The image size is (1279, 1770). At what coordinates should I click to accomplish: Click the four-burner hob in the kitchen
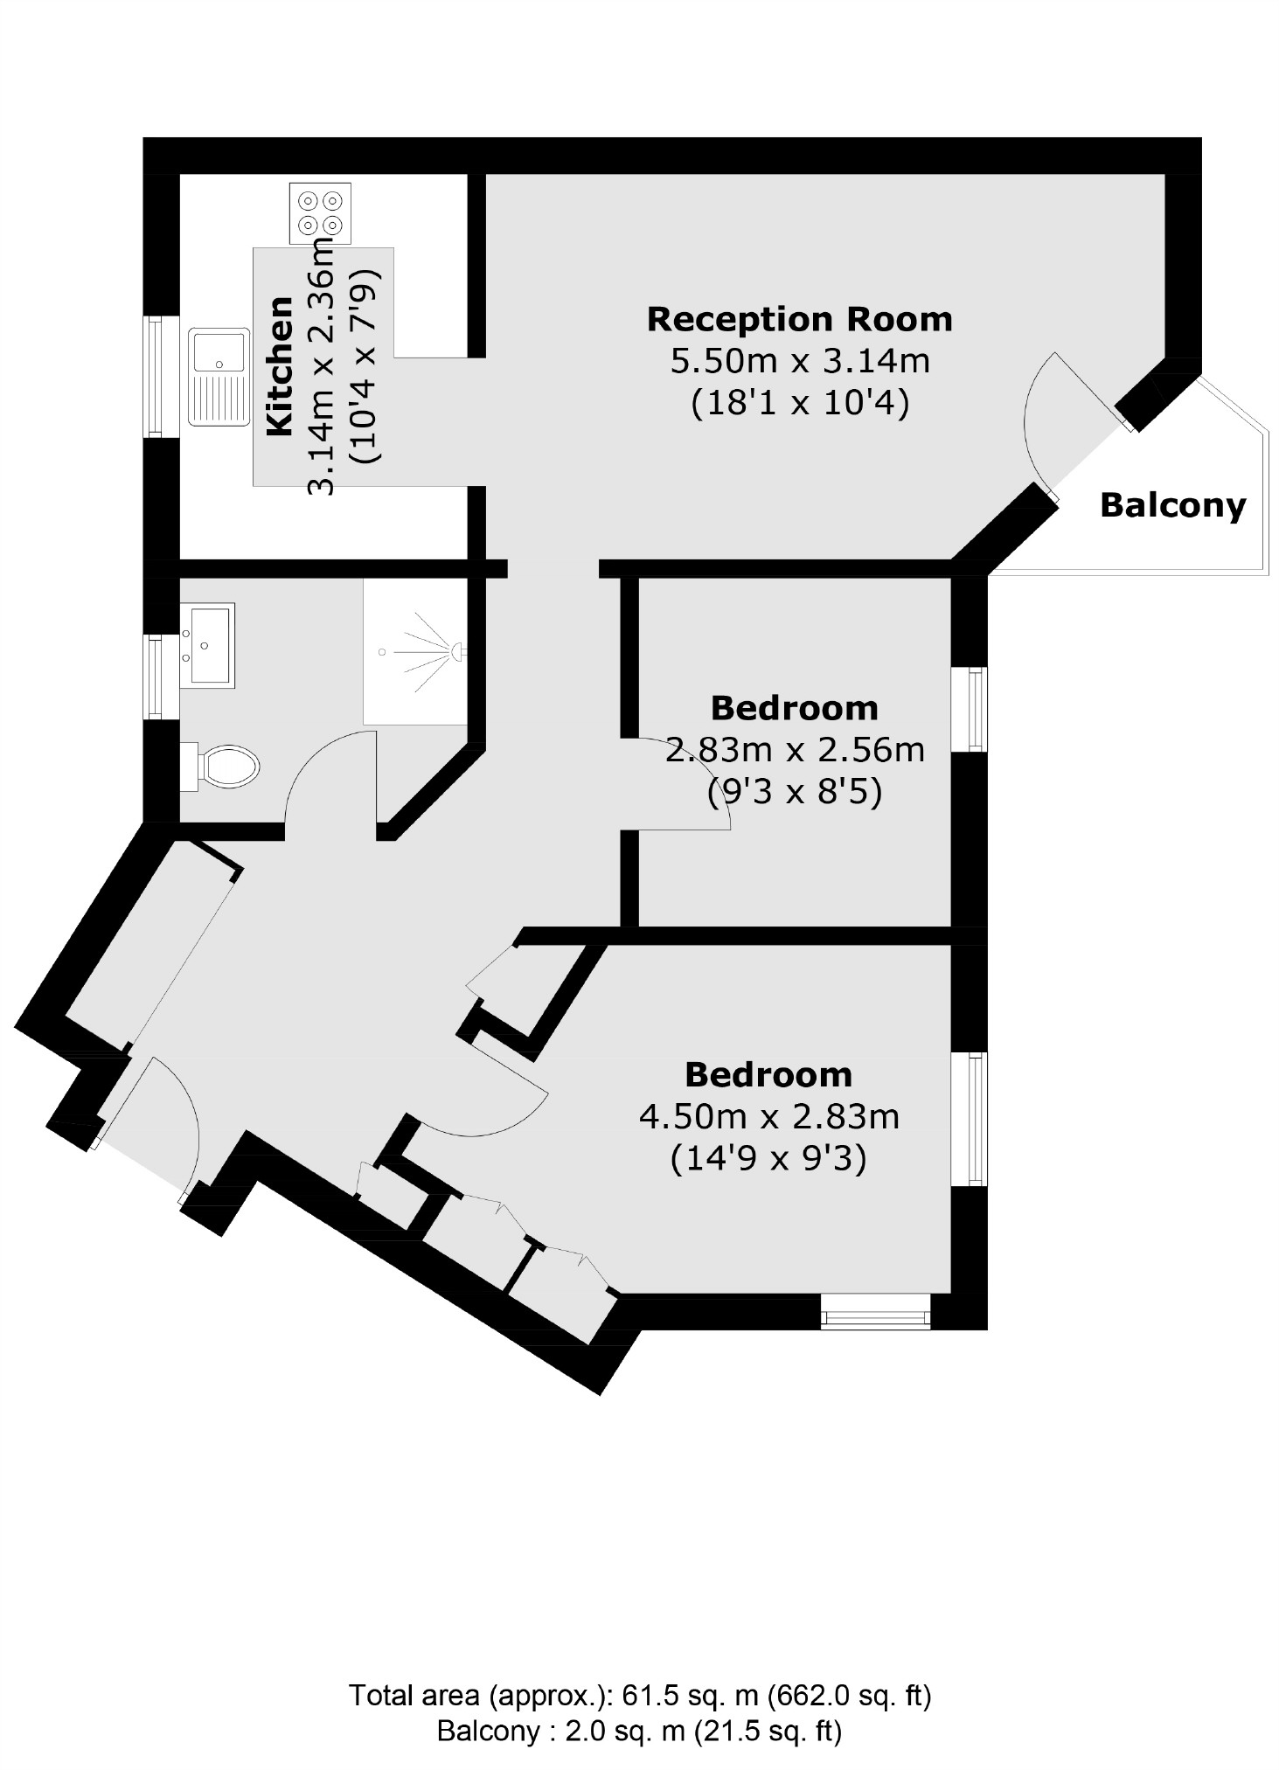point(319,212)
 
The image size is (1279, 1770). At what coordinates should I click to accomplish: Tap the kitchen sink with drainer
point(219,377)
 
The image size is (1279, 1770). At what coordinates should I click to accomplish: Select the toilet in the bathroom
point(224,767)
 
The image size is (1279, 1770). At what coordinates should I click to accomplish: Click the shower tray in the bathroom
point(415,651)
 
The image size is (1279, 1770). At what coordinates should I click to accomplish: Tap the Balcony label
point(1171,505)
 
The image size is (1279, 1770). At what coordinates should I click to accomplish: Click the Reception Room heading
point(799,319)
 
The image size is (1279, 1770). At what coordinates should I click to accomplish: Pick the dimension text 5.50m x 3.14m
point(799,360)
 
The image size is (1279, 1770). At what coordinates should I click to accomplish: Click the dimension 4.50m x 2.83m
point(768,1116)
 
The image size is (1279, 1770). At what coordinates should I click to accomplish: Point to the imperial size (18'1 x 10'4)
point(799,402)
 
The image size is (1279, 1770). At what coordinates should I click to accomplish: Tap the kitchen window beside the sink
point(156,377)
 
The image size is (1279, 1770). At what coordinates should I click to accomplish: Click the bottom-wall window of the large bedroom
point(875,1311)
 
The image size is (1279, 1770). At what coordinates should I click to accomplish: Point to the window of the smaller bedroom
point(977,709)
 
